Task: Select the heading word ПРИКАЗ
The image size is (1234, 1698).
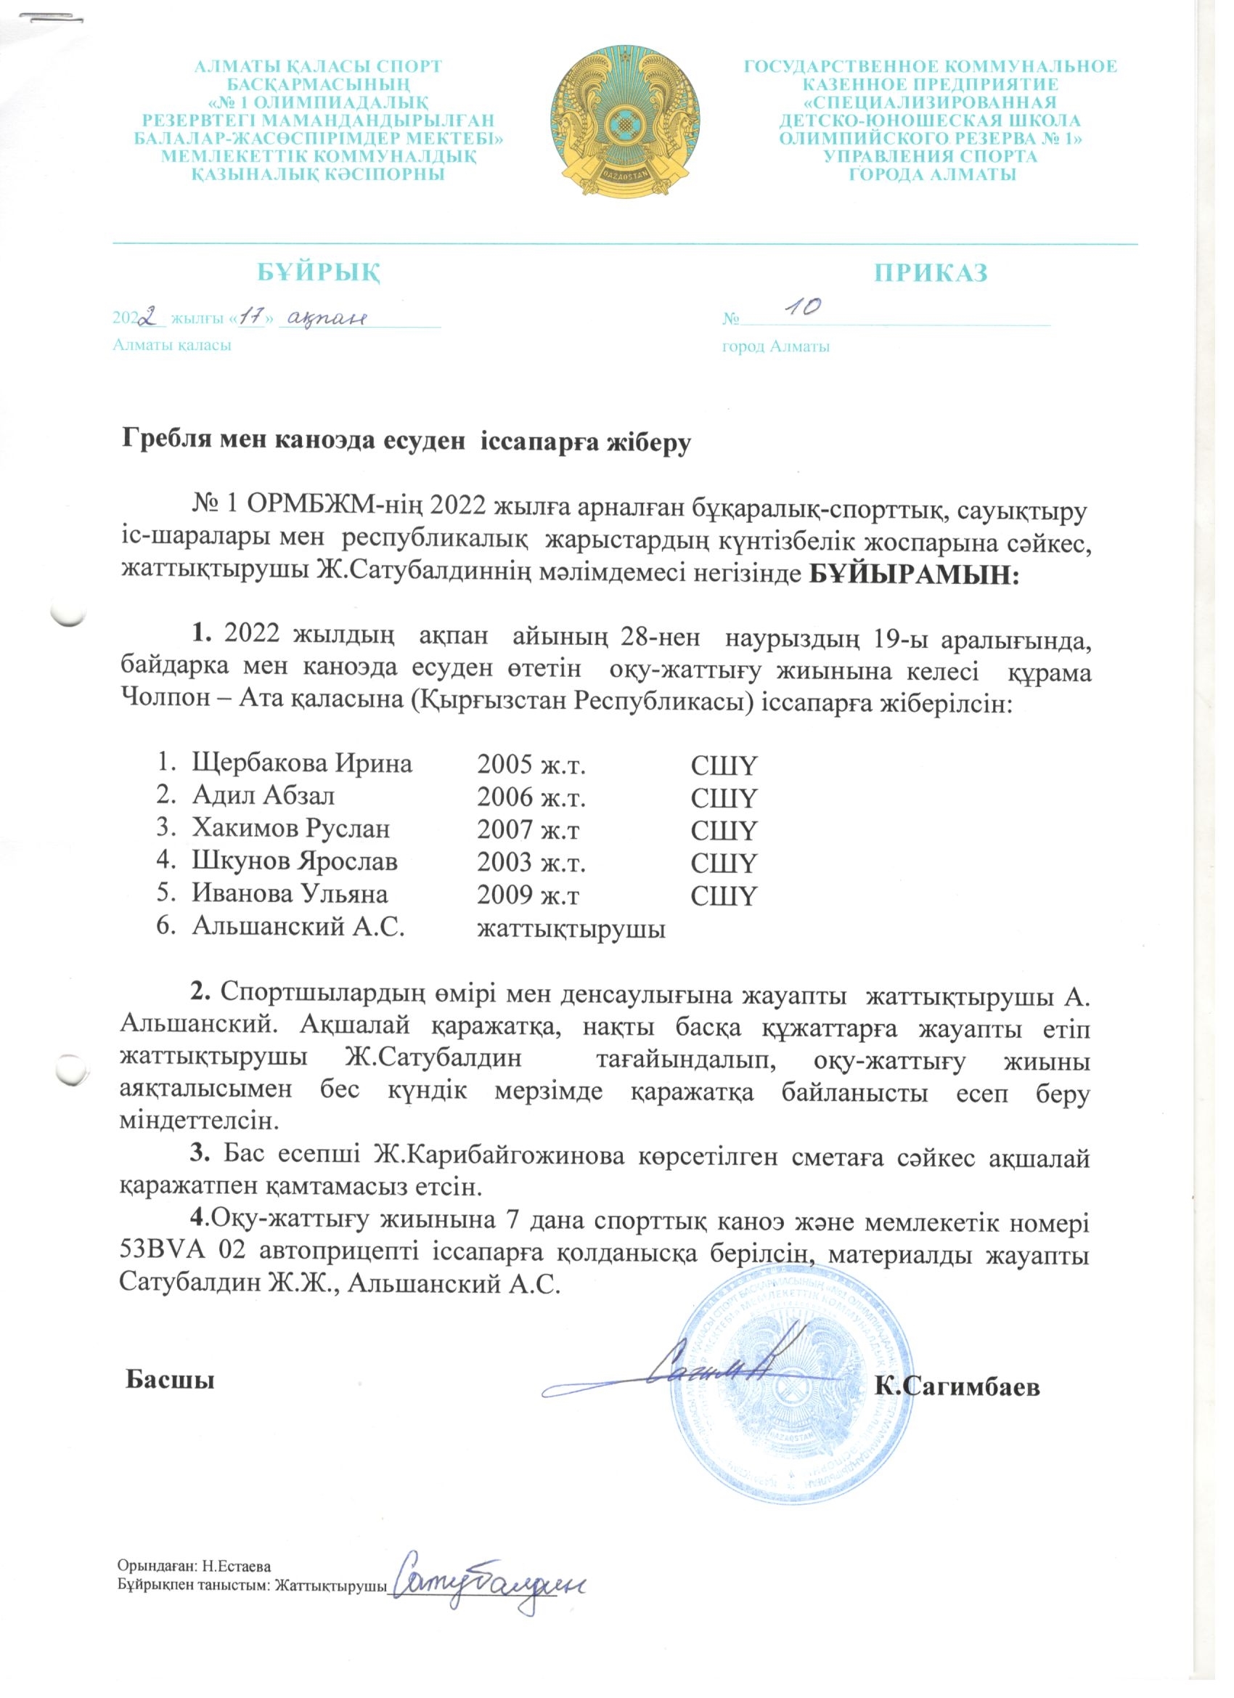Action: click(x=931, y=272)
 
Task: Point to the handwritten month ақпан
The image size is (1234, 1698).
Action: click(x=328, y=317)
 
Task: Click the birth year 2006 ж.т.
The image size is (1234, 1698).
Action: click(x=531, y=797)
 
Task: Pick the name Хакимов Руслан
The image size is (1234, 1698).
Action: click(x=291, y=829)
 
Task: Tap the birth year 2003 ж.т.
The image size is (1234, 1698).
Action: click(x=531, y=863)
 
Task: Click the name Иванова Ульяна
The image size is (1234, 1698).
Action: click(x=290, y=895)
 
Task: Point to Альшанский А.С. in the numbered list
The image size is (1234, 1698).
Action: click(x=298, y=927)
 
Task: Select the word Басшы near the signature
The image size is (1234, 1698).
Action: click(x=170, y=1379)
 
